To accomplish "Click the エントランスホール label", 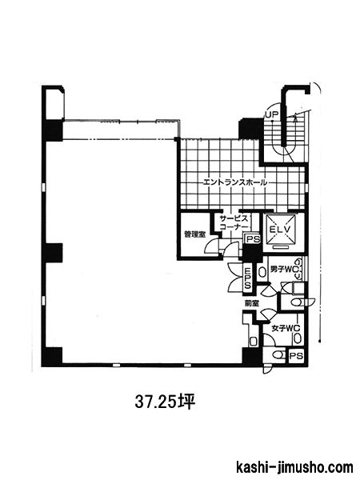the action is click(234, 182).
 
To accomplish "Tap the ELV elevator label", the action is click(279, 229).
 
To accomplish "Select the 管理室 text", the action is click(194, 234).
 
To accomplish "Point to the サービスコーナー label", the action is click(234, 223).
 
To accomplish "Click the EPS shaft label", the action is click(247, 278).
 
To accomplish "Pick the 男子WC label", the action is click(282, 270).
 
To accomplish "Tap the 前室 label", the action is click(252, 303).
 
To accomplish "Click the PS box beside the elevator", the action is click(253, 238).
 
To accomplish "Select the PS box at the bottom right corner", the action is click(296, 356).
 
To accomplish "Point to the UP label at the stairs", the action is click(271, 115).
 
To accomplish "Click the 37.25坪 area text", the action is click(165, 402).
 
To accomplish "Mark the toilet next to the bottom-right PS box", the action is click(278, 355).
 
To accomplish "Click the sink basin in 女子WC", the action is click(298, 338).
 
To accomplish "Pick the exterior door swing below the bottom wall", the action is click(266, 370).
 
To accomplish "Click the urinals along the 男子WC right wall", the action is click(298, 269).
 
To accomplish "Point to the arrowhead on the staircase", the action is click(296, 117).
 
